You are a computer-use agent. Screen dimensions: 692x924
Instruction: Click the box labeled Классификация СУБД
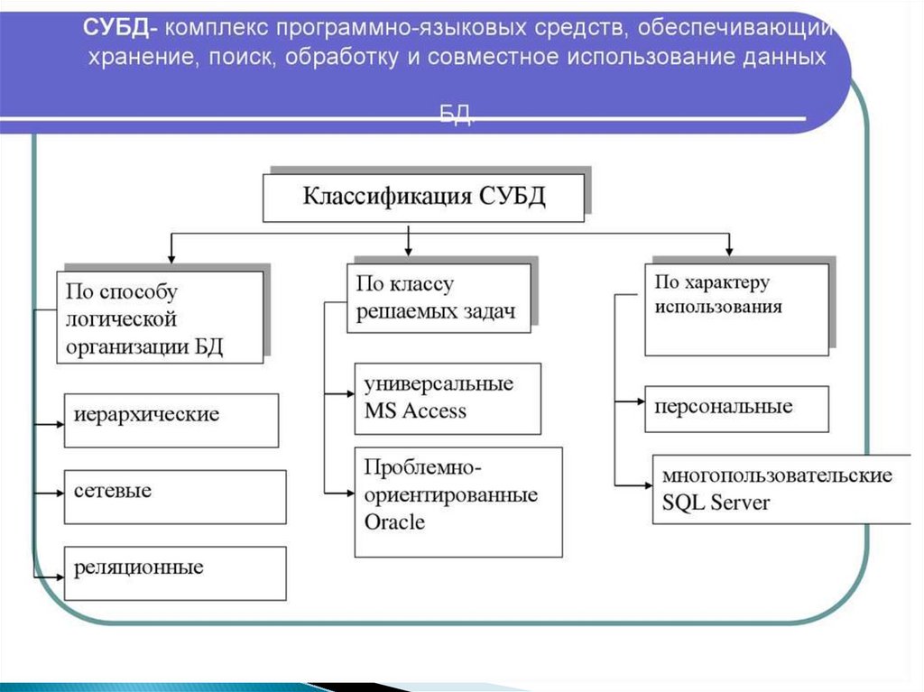[x=423, y=198]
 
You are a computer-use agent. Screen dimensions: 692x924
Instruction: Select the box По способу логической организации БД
[x=160, y=317]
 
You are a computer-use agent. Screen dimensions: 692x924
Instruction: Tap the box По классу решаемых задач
[x=438, y=298]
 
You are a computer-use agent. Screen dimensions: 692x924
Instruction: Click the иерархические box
[x=171, y=420]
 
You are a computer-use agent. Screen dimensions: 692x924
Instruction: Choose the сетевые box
[x=174, y=496]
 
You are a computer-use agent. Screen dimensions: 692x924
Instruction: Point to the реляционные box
[x=174, y=573]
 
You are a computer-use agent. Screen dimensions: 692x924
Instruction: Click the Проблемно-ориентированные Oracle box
[x=457, y=501]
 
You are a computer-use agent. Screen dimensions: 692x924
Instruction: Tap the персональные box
[x=736, y=409]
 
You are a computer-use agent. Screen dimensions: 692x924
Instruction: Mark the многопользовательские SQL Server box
[x=781, y=489]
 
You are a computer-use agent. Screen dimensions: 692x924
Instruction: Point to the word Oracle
[x=394, y=522]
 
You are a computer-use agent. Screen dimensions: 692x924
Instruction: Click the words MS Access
[x=415, y=411]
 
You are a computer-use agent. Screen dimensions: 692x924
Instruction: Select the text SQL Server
[x=716, y=503]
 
